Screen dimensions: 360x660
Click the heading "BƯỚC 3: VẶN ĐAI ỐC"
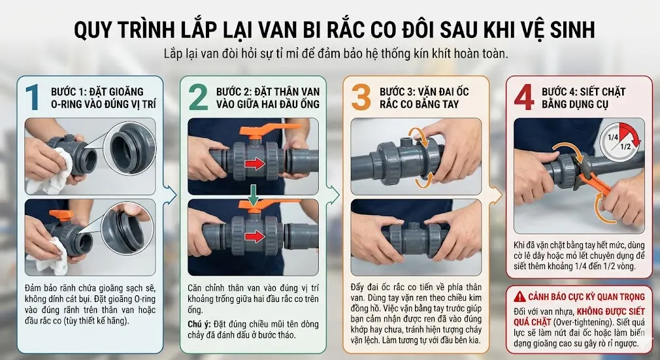point(424,91)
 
